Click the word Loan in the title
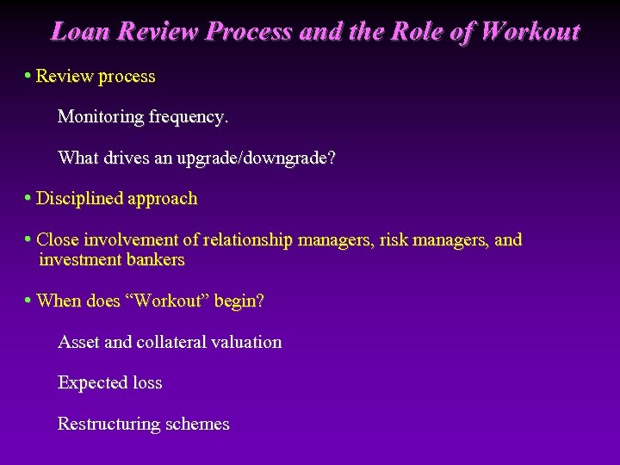click(x=80, y=32)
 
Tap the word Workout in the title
click(x=530, y=32)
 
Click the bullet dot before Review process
click(x=28, y=76)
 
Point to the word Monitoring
click(x=99, y=117)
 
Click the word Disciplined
click(x=80, y=199)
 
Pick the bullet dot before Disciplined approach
click(x=28, y=198)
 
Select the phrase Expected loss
click(x=109, y=383)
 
